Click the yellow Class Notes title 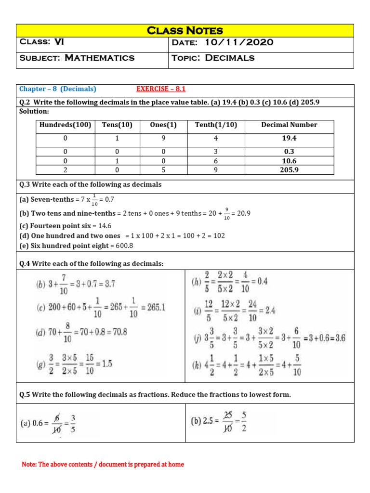(x=185, y=31)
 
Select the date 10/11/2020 (x=239, y=43)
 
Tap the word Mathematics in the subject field (x=100, y=58)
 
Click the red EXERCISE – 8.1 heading (x=161, y=89)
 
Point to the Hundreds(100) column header (x=66, y=125)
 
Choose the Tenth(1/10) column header (x=216, y=125)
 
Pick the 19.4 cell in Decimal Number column (x=289, y=138)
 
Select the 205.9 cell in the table (x=289, y=170)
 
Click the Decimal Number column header (x=289, y=125)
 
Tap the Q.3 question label (x=25, y=185)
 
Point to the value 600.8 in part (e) (x=124, y=246)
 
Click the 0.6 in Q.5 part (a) (x=38, y=424)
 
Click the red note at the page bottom (x=103, y=465)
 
